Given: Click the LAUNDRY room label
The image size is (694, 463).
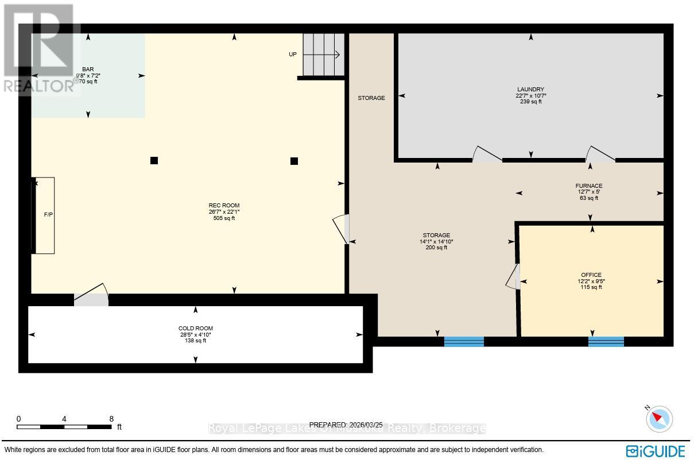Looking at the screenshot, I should (x=530, y=89).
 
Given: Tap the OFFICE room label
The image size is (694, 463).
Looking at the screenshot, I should (x=591, y=275).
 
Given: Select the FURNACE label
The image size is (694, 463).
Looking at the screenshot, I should (x=588, y=186).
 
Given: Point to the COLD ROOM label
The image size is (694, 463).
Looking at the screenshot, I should (x=195, y=329).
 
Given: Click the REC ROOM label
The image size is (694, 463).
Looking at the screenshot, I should (x=224, y=205).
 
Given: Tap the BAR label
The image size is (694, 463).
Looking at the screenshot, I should (x=88, y=69).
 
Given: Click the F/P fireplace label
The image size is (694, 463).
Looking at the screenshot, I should (x=48, y=215).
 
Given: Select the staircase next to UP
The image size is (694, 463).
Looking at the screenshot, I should (x=323, y=55).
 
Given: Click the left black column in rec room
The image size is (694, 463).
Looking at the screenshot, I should (x=154, y=161).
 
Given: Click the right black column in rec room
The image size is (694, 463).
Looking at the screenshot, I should (x=294, y=161).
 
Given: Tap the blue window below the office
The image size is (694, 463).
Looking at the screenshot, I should (x=606, y=342).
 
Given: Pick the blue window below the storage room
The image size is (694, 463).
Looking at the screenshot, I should (x=464, y=342).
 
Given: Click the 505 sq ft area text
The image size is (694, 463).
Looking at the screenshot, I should (x=224, y=218).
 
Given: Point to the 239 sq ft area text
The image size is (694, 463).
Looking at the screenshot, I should (x=530, y=102).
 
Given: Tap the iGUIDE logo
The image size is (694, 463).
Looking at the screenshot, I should (x=656, y=450).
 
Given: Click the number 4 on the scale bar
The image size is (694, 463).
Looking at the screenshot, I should (x=64, y=419).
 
